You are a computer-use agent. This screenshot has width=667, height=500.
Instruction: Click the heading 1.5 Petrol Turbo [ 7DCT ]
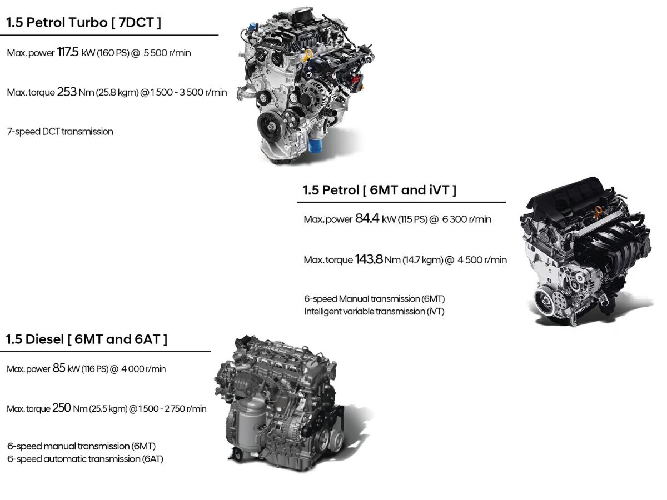pyautogui.click(x=83, y=23)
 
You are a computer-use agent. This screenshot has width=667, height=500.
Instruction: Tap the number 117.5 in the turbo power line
pyautogui.click(x=68, y=52)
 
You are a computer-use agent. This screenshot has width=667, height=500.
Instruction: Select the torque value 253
pyautogui.click(x=67, y=92)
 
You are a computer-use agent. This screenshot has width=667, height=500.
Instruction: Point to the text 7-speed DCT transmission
pyautogui.click(x=60, y=132)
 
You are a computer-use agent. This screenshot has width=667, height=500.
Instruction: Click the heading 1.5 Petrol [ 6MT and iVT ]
pyautogui.click(x=380, y=190)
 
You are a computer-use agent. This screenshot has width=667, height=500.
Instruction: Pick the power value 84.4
pyautogui.click(x=367, y=218)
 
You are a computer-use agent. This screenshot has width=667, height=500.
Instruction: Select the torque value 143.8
pyautogui.click(x=369, y=259)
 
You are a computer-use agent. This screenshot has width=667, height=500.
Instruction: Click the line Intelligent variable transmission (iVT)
pyautogui.click(x=374, y=312)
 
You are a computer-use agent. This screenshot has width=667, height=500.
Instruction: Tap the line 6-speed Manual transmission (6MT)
pyautogui.click(x=375, y=299)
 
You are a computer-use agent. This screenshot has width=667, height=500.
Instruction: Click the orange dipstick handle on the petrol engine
pyautogui.click(x=598, y=212)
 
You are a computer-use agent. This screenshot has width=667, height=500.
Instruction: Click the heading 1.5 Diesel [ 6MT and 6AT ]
pyautogui.click(x=87, y=339)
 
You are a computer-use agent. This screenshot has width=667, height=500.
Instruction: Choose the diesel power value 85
pyautogui.click(x=59, y=368)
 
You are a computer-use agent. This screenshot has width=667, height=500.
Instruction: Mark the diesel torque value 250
pyautogui.click(x=62, y=408)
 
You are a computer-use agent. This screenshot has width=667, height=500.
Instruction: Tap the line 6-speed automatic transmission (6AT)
pyautogui.click(x=85, y=459)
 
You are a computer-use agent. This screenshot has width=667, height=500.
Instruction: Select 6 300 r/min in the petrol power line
pyautogui.click(x=467, y=219)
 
